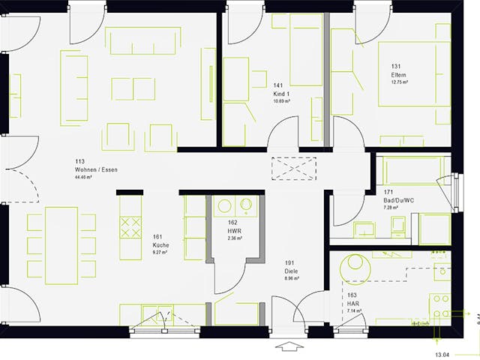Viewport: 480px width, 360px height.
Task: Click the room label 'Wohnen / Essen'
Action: (96, 170)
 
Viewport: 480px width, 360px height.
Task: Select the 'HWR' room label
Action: (233, 231)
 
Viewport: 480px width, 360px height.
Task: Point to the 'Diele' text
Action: (291, 271)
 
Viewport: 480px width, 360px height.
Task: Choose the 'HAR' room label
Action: (352, 302)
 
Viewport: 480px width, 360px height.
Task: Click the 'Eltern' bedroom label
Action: (398, 76)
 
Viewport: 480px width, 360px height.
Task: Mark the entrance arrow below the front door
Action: (287, 346)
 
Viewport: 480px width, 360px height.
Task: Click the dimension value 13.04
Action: (442, 354)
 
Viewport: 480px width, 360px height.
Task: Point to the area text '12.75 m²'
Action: (398, 82)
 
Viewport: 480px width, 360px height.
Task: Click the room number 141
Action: (278, 86)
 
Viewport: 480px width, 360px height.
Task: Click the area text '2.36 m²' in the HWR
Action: (233, 238)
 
